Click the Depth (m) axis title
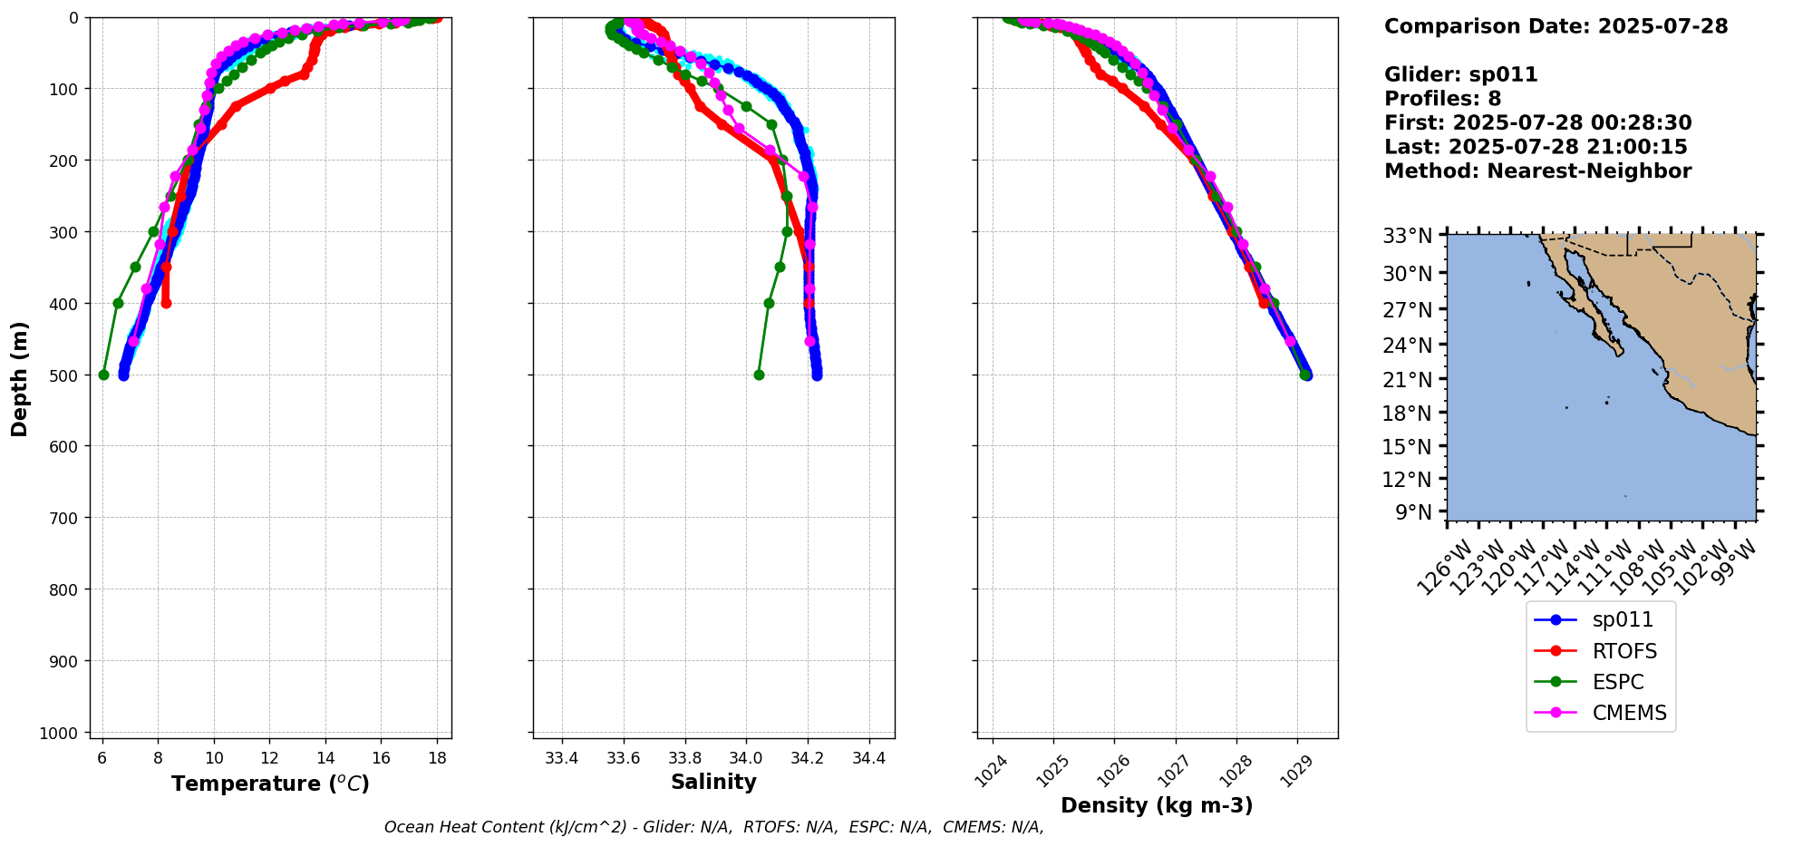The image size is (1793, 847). (20, 378)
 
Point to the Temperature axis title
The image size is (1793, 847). (270, 784)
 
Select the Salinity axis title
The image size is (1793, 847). (713, 782)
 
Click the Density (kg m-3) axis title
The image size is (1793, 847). (1157, 805)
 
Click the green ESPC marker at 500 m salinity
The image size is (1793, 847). (759, 375)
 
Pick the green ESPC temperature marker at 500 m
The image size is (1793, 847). (103, 375)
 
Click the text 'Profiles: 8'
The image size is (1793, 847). (1442, 99)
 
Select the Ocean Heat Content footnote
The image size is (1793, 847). (713, 827)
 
